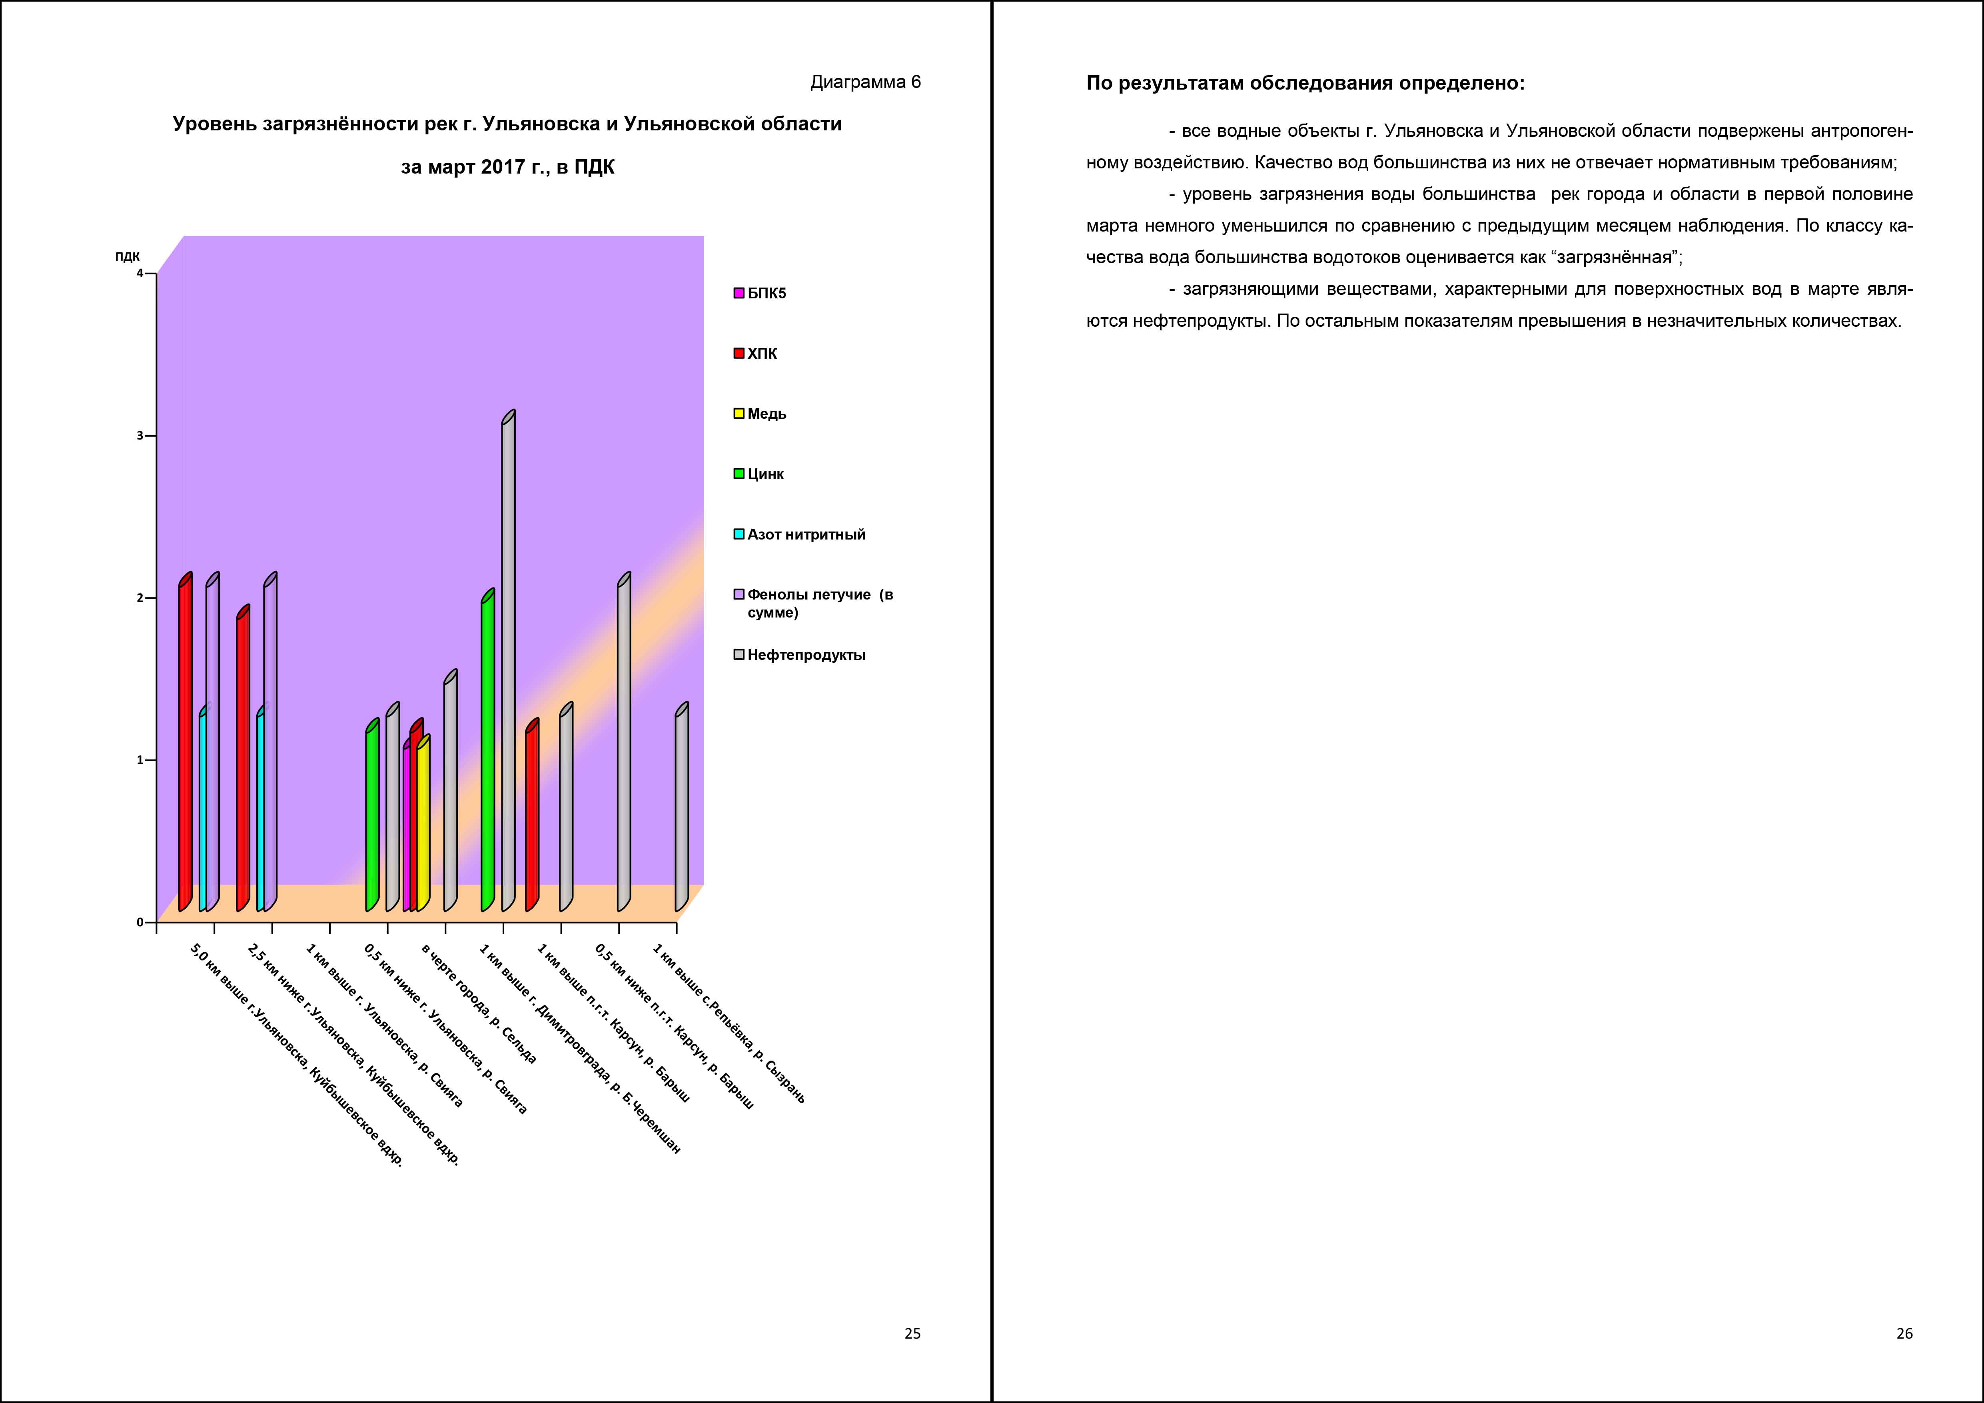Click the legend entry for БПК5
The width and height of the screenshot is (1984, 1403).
(x=760, y=293)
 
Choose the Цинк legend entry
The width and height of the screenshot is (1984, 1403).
(x=758, y=474)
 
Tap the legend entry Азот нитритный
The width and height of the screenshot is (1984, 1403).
(x=799, y=534)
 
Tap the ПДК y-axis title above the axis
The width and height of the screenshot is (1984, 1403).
(x=127, y=257)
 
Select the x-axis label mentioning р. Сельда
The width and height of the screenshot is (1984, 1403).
(x=479, y=1003)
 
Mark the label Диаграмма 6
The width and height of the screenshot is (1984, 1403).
(x=865, y=82)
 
